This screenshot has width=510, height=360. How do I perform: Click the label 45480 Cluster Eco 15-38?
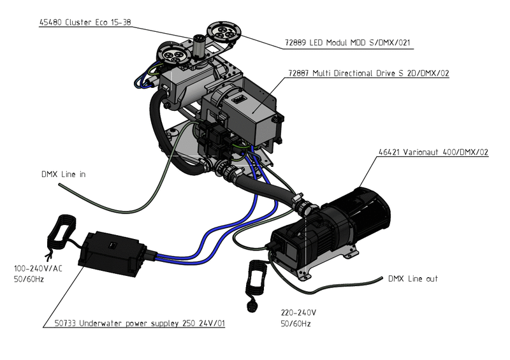click(x=86, y=22)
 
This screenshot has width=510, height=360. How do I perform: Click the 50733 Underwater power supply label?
click(x=138, y=324)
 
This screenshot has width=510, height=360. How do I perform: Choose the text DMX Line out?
click(x=413, y=279)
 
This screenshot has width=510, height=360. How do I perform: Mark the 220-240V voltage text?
click(x=298, y=313)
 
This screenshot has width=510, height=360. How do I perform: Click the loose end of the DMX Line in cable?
click(x=59, y=185)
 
